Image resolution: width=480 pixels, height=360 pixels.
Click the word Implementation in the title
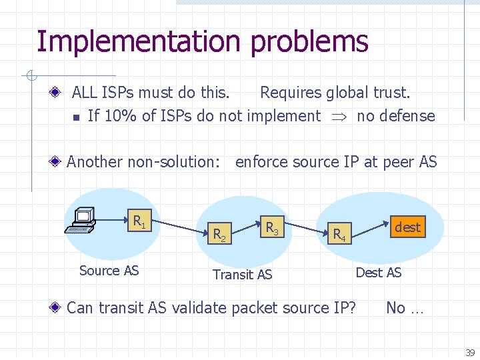[140, 41]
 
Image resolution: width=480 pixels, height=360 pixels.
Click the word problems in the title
[309, 41]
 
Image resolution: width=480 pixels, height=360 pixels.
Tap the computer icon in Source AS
[81, 219]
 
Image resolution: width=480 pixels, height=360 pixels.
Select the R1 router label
[139, 221]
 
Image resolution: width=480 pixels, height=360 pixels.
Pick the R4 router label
[339, 233]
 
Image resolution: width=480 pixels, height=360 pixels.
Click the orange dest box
[407, 227]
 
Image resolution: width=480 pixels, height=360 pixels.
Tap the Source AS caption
[109, 270]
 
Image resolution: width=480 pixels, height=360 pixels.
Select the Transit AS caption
[242, 274]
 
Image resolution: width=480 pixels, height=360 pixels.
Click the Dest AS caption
[379, 272]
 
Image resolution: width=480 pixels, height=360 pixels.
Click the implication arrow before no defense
[339, 117]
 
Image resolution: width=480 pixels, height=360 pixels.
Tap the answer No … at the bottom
[405, 307]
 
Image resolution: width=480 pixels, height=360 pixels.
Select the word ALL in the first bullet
[85, 93]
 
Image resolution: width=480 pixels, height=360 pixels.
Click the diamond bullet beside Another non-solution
[59, 161]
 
